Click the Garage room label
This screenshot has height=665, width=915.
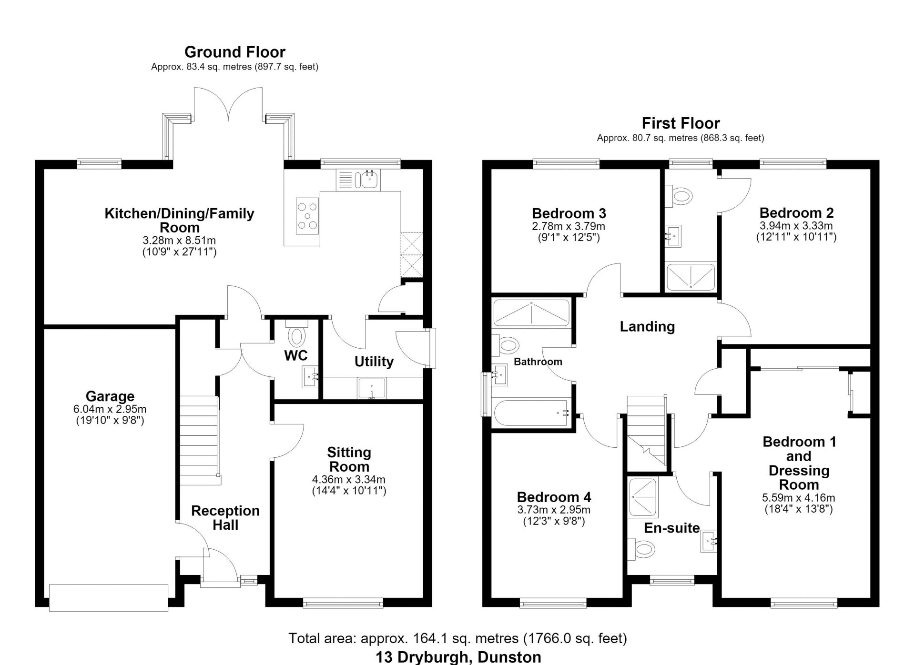(110, 396)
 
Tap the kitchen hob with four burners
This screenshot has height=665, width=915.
(307, 216)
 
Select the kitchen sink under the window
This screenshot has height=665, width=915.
(357, 180)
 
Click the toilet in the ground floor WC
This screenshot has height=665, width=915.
(297, 333)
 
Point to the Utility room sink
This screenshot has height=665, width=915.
(372, 388)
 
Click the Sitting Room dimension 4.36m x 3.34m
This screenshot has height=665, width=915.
(349, 479)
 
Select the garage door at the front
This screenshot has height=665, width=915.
(109, 597)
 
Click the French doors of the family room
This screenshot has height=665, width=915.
(229, 102)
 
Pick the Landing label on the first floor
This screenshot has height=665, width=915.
(647, 326)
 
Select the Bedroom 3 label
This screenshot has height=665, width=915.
(569, 213)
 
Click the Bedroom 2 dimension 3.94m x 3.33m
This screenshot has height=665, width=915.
(796, 225)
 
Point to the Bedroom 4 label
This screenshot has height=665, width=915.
(554, 497)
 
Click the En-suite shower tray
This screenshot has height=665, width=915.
(642, 498)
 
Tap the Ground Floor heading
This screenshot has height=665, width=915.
(235, 51)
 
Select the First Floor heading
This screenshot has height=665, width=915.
(681, 123)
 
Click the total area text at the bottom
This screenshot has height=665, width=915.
(457, 638)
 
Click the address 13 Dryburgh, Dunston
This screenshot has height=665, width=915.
(458, 657)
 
